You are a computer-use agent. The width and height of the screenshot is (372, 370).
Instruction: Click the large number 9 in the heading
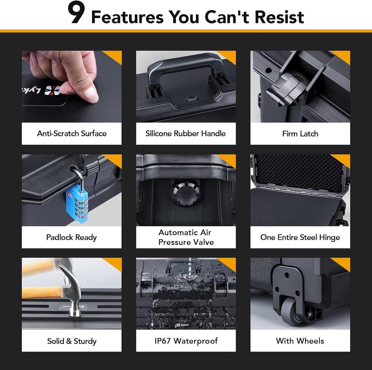[x=76, y=13]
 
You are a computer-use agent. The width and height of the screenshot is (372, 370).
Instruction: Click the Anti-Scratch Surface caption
[x=72, y=133]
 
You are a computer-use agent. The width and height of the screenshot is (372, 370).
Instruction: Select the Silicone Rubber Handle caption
[x=186, y=133]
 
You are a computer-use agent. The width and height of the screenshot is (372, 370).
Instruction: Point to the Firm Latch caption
[x=300, y=134]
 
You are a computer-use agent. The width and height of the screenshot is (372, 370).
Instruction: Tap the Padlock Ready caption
[x=72, y=237]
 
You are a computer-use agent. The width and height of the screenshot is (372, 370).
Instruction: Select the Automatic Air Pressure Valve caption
[x=186, y=237]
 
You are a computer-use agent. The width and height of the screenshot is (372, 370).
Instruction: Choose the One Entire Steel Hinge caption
[x=300, y=237]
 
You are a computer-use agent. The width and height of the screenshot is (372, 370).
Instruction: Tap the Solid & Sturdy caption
[x=72, y=341]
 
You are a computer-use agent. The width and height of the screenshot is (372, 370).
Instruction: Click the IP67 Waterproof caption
[x=186, y=341]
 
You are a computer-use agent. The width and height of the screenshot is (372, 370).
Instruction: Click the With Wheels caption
[x=300, y=341]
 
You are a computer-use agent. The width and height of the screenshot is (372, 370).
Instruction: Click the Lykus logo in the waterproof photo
[x=183, y=325]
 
